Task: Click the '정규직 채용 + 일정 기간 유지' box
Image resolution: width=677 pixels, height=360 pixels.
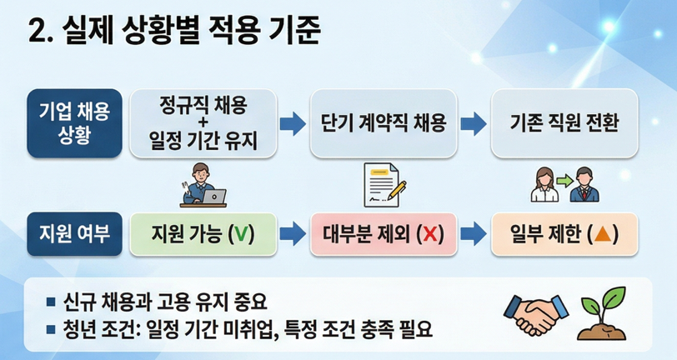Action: [x=203, y=123]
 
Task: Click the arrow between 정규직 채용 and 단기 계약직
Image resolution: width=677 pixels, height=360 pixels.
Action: [x=291, y=124]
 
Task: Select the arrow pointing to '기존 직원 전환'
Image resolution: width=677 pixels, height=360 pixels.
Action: [x=472, y=124]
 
